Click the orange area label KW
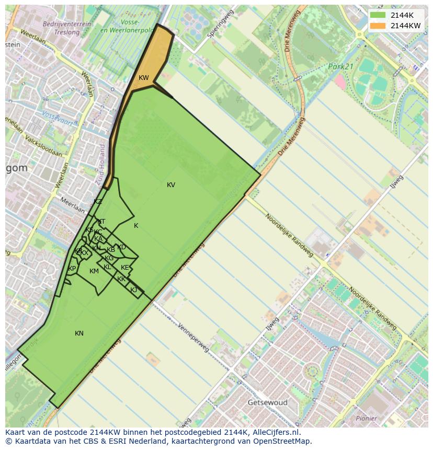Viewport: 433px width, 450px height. point(144,78)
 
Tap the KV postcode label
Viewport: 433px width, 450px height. point(171,185)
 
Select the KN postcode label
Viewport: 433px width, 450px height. point(79,333)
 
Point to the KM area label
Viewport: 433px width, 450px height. point(94,271)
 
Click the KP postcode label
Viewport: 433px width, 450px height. point(72,269)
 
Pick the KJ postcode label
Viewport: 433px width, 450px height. point(133,290)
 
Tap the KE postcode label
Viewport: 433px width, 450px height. point(125,268)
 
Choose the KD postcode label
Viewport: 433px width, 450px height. point(122,247)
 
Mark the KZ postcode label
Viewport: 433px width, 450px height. point(98,202)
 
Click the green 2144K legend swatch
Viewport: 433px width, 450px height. point(378,15)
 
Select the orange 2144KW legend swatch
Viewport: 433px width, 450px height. point(378,26)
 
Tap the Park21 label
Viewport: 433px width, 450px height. point(341,67)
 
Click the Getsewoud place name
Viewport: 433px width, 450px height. point(268,403)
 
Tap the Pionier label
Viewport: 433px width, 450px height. point(366,418)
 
